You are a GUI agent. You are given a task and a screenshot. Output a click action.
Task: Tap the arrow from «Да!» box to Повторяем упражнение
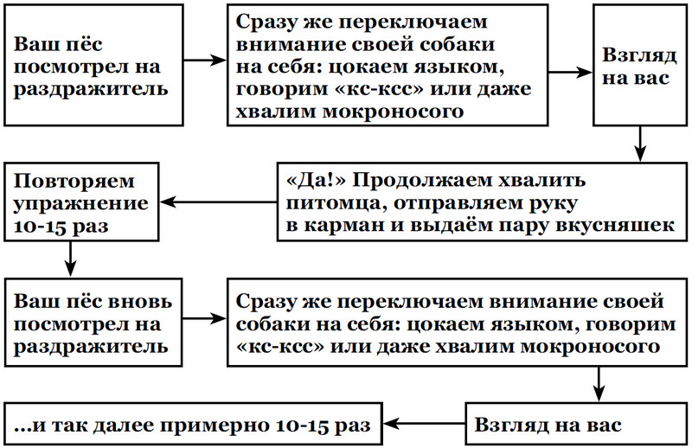221,203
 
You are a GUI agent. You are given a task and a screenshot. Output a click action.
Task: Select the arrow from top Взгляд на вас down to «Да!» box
638,143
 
